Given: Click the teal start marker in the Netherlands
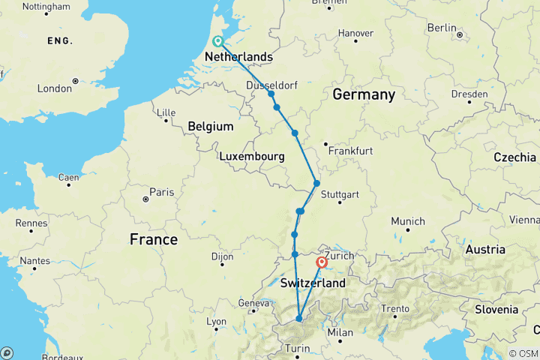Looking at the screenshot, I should (217, 41).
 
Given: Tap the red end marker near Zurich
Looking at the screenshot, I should (322, 262).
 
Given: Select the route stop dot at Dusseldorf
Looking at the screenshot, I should (271, 94).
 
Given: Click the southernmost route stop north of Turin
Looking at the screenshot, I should (298, 319).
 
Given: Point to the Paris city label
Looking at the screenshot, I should (161, 192).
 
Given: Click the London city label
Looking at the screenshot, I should (55, 88).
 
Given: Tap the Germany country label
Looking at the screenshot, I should (363, 94).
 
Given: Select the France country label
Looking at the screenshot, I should (153, 239).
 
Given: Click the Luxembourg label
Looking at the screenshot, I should (251, 157).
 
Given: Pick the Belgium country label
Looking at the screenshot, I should (211, 127).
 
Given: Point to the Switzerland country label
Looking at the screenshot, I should (313, 283).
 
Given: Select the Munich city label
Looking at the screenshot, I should (408, 221).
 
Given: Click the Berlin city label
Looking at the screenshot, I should (442, 27).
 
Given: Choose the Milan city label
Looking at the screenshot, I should (340, 332).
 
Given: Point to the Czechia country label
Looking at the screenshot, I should (514, 157).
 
